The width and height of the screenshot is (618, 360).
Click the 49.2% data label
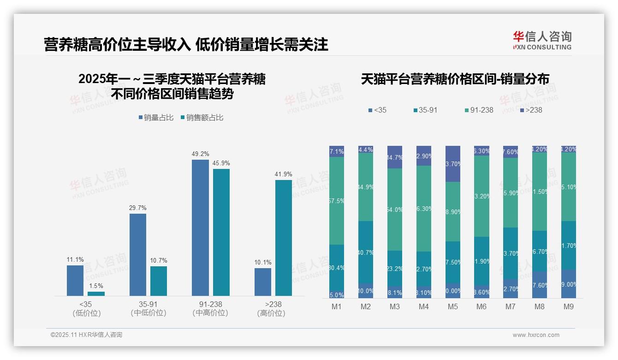click(200, 154)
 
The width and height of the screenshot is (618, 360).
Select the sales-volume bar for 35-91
click(137, 254)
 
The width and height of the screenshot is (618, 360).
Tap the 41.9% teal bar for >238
click(284, 238)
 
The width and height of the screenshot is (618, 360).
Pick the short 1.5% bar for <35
click(96, 294)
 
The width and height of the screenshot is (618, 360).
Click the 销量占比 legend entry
click(156, 118)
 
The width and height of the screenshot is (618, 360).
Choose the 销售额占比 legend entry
click(202, 118)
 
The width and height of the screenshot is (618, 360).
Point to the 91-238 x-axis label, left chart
click(210, 308)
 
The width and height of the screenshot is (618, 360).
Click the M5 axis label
click(452, 306)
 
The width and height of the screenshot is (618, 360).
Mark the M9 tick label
click(568, 306)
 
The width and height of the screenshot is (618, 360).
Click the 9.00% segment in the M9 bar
click(569, 284)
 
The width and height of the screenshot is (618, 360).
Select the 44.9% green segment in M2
click(366, 187)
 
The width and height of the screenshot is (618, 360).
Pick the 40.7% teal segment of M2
click(366, 252)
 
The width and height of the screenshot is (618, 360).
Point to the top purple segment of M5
click(452, 164)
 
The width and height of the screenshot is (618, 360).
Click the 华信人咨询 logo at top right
click(542, 40)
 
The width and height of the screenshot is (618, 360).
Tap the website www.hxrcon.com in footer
click(536, 335)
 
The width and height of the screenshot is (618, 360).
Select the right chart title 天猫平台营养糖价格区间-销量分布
click(455, 79)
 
